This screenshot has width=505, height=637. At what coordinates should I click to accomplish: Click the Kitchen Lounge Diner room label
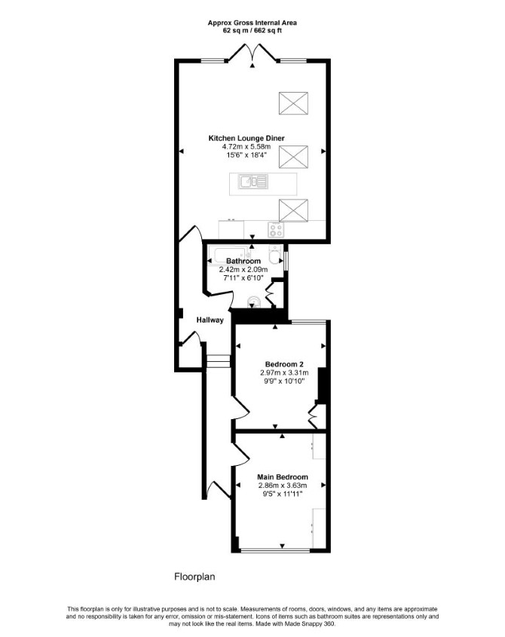point(246,138)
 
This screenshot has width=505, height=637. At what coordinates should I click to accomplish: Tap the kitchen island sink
point(253,183)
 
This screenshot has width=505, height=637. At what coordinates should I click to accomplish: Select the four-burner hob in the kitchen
point(276,230)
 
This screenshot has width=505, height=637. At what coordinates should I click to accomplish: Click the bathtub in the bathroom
point(228,254)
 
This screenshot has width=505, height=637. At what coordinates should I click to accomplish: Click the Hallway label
point(210,320)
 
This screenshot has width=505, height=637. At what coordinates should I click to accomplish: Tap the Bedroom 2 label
point(284,364)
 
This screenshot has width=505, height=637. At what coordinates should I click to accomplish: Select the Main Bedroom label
point(283,477)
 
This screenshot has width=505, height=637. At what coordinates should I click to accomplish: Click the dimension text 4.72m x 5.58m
point(246,147)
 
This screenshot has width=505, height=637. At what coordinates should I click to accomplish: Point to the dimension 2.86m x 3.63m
point(283,485)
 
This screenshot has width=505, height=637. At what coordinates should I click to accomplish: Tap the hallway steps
point(218,361)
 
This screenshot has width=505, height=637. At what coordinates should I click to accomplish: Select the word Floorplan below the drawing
point(194,577)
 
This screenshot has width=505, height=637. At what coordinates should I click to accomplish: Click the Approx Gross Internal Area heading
point(252,23)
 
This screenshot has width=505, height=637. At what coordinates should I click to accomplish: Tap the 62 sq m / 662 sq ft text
point(252,30)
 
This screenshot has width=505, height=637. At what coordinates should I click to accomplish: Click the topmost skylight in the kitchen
point(293,103)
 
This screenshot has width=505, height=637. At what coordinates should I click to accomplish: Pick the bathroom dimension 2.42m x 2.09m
point(243,269)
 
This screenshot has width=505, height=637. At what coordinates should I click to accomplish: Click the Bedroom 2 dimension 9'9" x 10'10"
point(284,381)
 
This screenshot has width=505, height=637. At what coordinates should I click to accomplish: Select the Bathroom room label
point(243,261)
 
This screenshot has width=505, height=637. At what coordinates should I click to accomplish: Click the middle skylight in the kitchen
point(293,157)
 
